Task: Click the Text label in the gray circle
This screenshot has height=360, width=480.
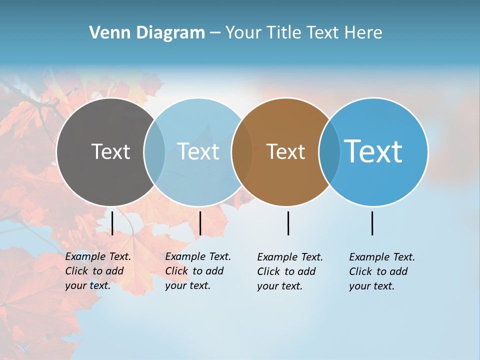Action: click(110, 151)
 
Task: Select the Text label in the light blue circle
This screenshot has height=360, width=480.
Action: click(198, 151)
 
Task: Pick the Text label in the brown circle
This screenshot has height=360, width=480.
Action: click(285, 151)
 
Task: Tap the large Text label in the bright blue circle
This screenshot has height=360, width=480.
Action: click(373, 151)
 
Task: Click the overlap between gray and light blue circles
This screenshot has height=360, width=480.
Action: click(154, 152)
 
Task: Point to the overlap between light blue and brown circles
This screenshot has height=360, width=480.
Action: click(242, 152)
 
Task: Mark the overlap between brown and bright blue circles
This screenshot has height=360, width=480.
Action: click(329, 152)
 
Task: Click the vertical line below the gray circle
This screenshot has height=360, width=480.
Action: click(112, 223)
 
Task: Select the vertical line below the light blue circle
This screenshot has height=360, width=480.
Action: click(200, 223)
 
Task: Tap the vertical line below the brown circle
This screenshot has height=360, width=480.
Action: click(288, 223)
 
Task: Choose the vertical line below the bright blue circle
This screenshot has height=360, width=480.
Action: click(372, 223)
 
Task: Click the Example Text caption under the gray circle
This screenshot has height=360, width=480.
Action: click(98, 271)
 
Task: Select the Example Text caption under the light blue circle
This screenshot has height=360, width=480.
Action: click(198, 271)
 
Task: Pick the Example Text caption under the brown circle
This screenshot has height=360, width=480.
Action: click(290, 271)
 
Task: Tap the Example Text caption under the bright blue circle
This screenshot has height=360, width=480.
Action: click(382, 271)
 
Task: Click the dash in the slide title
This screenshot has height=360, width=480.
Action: click(215, 33)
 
